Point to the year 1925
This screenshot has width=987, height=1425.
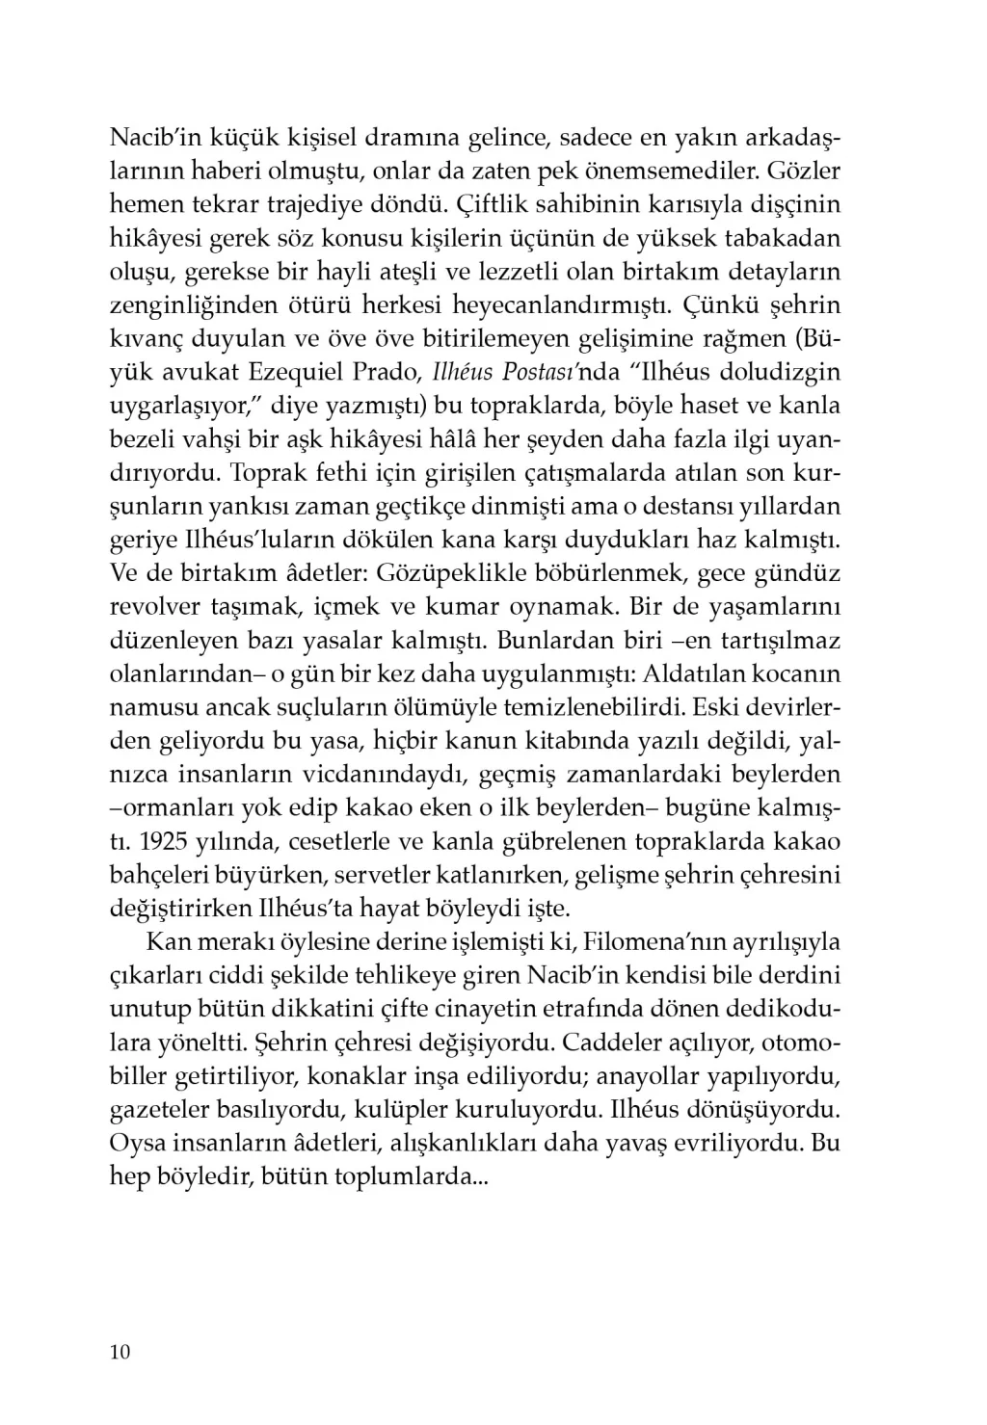pos(159,841)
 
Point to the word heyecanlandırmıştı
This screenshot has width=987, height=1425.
pos(564,305)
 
